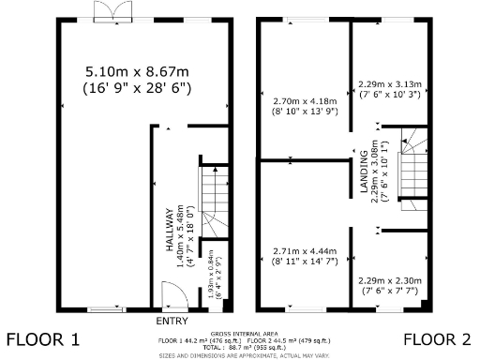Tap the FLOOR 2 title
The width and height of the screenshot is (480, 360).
coord(438,338)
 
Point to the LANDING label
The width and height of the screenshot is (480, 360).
coord(363,174)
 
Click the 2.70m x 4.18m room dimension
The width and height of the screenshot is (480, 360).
coord(304,101)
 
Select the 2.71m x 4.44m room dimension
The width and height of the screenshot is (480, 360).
coord(304,251)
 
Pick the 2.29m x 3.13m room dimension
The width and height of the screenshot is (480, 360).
coord(392,82)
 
